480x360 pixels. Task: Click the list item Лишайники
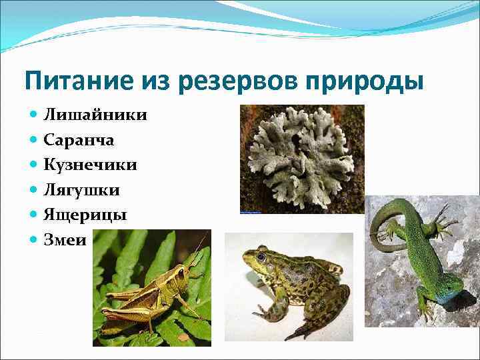(x=95, y=115)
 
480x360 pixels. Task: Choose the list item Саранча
(x=79, y=140)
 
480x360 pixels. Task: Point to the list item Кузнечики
(x=91, y=165)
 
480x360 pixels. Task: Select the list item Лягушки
(x=81, y=191)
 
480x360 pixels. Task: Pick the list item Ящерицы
(x=85, y=215)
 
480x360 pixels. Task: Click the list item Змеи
(x=65, y=240)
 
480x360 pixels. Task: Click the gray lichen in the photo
(x=300, y=157)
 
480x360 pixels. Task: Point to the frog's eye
(x=261, y=256)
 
